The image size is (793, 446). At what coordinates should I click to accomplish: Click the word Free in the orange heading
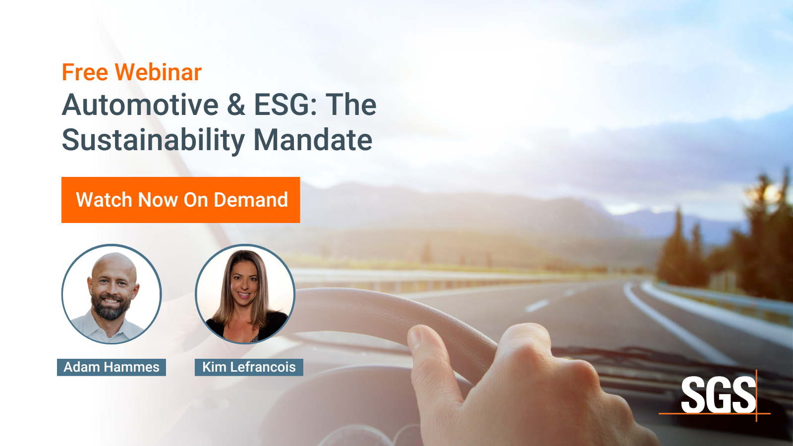click(85, 72)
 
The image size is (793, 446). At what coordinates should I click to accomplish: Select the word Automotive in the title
click(140, 105)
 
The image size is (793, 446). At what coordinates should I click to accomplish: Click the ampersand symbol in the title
click(236, 105)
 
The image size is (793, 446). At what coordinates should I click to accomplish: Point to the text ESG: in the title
click(285, 105)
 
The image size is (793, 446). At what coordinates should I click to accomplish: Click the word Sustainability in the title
click(153, 140)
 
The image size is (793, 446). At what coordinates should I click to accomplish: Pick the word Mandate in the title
click(313, 140)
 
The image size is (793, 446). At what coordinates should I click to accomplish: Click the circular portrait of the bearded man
click(112, 294)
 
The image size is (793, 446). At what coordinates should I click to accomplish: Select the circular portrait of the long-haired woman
click(245, 294)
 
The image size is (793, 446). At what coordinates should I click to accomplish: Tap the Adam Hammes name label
click(112, 367)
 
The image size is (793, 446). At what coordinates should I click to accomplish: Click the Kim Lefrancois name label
click(249, 367)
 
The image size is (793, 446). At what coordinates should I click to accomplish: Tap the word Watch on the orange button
click(105, 200)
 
